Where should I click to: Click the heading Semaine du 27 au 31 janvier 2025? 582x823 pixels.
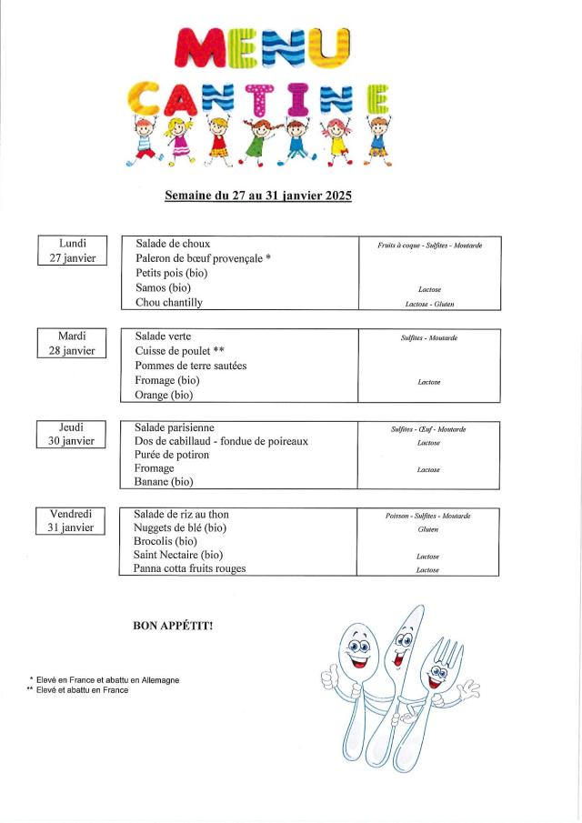[257, 196]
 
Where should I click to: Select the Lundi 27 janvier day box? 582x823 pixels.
[73, 251]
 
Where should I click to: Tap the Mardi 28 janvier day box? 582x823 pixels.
[72, 343]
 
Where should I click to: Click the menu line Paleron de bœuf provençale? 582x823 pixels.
[203, 258]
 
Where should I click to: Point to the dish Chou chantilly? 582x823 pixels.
[169, 303]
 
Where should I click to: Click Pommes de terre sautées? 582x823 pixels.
[190, 366]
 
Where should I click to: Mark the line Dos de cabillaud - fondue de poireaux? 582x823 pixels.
[221, 441]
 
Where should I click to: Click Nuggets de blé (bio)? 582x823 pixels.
[179, 527]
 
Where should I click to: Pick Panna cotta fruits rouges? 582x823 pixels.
[189, 569]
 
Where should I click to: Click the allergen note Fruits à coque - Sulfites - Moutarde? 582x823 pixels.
[429, 246]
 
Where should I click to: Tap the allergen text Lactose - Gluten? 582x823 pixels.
[428, 304]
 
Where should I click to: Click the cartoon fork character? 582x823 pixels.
[446, 673]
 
